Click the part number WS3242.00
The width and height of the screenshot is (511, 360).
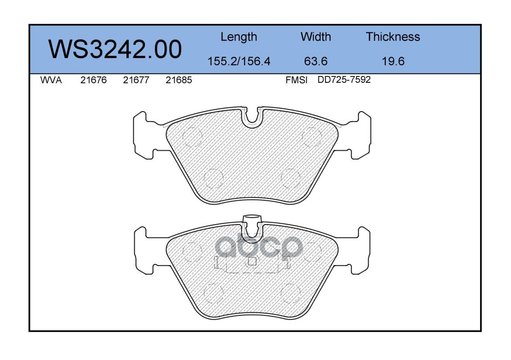tap(115, 49)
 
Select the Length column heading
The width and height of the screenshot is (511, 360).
tap(239, 37)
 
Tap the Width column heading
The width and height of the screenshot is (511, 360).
tap(316, 36)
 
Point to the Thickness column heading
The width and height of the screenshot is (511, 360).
tap(393, 36)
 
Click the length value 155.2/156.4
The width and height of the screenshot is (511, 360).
tap(239, 61)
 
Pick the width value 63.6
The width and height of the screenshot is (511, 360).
tap(316, 61)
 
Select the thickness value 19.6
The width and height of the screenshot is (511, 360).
tap(393, 61)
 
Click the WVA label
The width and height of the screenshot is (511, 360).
tap(51, 80)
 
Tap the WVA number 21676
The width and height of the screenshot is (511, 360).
tap(94, 80)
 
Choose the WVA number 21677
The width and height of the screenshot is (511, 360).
tap(136, 80)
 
